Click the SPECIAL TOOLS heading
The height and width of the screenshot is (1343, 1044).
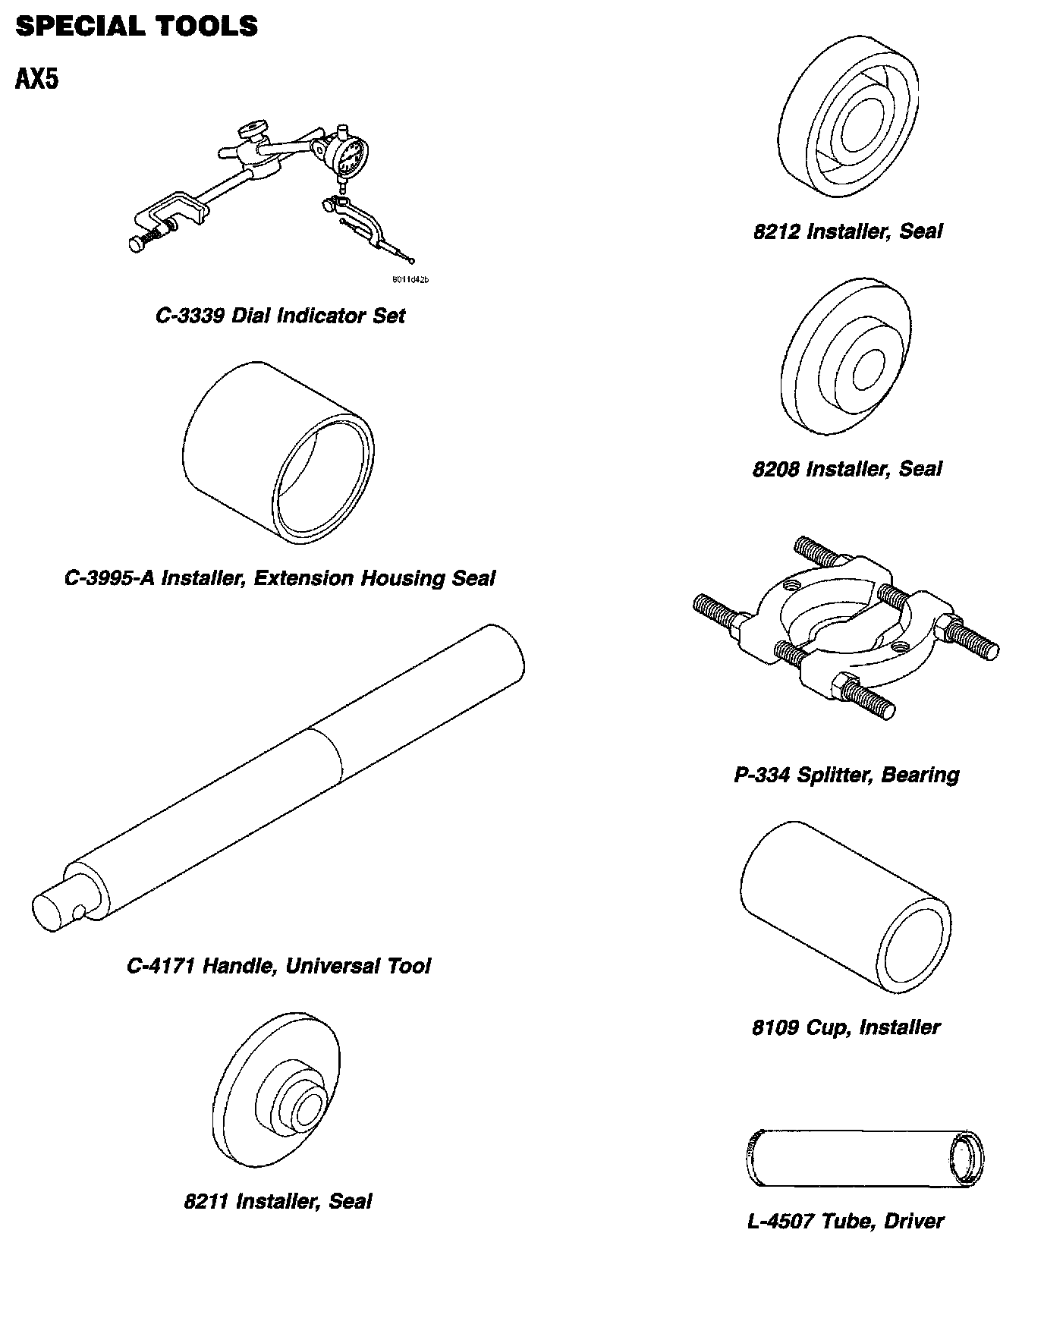(137, 27)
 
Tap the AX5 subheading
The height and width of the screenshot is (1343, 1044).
(36, 79)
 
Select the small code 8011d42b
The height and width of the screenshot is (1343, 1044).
(410, 280)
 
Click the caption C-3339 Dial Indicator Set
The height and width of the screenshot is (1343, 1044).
(280, 316)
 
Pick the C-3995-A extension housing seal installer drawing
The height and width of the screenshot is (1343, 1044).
(278, 452)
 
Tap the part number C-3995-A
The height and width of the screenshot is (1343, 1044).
(109, 578)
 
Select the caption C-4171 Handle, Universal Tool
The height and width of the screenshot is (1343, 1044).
(278, 966)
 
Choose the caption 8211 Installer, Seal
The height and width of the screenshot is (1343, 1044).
(278, 1201)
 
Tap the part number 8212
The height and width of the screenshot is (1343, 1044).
(776, 231)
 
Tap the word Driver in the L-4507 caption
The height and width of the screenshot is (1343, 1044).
(914, 1222)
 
